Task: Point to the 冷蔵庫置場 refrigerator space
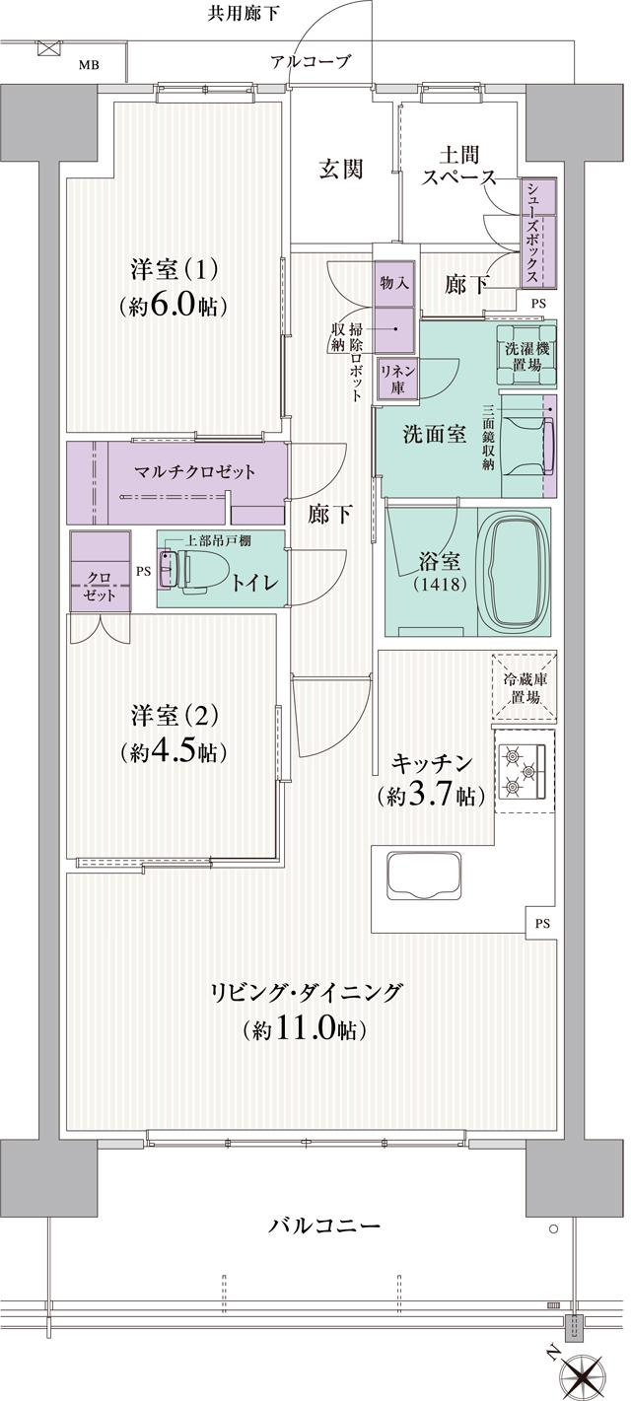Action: tap(523, 686)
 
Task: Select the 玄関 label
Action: tap(340, 170)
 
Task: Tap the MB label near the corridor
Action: tap(90, 66)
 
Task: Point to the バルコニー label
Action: tap(324, 1226)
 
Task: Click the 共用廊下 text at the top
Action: tap(243, 13)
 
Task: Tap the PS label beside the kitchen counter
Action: tap(542, 924)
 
